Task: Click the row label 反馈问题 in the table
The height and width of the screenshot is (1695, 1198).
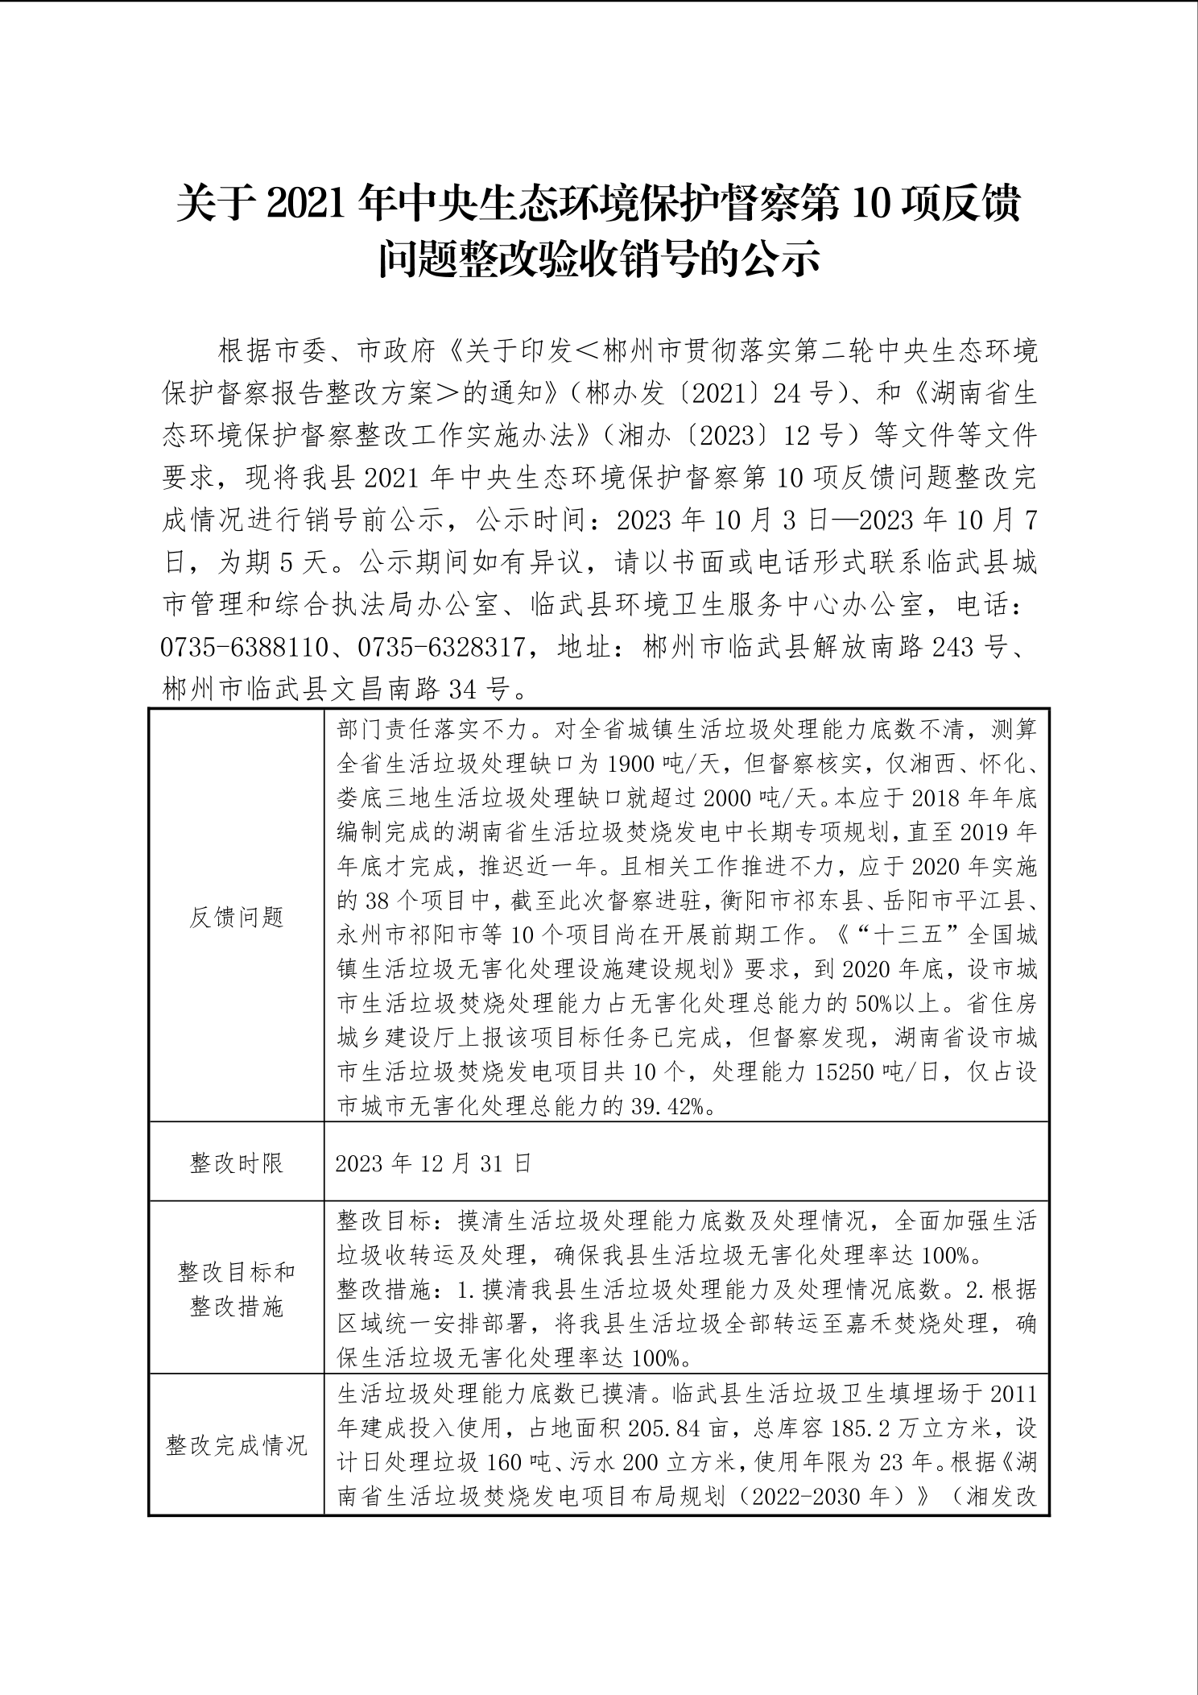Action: click(237, 917)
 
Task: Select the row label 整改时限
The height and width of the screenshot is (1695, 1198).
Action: click(237, 1163)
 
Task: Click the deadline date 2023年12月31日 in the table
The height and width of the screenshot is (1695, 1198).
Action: click(433, 1163)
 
